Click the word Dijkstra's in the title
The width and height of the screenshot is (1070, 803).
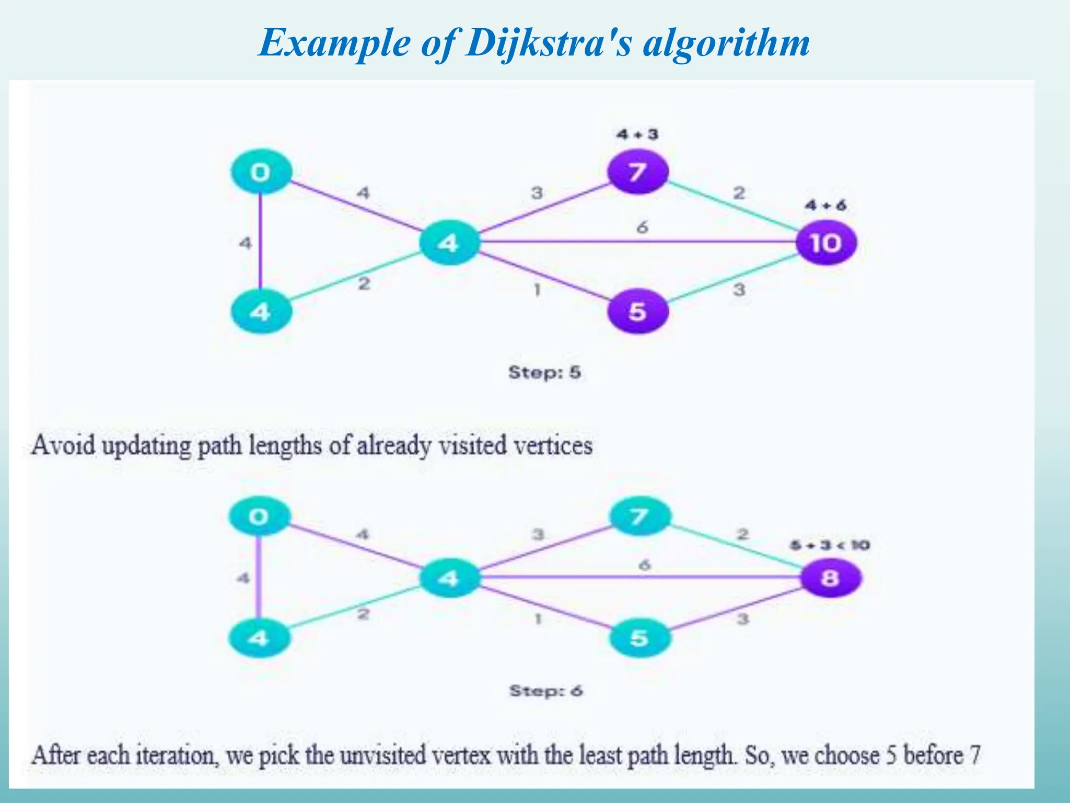point(549,43)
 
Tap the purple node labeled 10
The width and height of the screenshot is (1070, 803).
point(826,243)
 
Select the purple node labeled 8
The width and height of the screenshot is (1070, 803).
point(830,578)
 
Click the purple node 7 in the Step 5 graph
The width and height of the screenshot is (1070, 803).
point(637,171)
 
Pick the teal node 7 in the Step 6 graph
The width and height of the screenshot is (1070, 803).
point(639,517)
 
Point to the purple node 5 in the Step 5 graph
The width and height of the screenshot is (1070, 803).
point(637,312)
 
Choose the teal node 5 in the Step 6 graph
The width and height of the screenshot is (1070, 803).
point(639,638)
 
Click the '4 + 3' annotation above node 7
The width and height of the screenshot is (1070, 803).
point(637,134)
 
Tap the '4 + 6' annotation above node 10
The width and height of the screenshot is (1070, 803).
point(825,205)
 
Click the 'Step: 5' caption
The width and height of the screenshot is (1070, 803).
point(544,372)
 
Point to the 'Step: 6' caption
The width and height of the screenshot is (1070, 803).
point(546,691)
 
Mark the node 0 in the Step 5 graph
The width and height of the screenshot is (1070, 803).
point(261,171)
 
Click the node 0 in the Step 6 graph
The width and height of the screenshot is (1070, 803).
point(259,517)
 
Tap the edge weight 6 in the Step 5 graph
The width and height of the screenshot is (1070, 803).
point(642,227)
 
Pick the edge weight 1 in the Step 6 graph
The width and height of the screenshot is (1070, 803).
point(538,619)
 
